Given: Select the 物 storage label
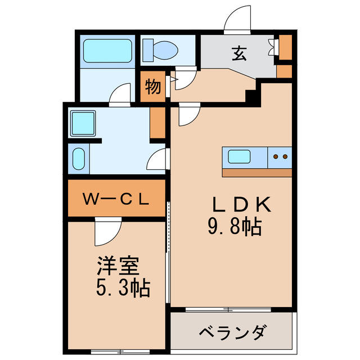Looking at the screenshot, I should coord(153,87).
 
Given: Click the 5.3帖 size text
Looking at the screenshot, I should coord(122,289).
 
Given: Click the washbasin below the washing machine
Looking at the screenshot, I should coord(78,160).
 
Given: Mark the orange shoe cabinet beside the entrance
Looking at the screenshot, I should coord(285,48).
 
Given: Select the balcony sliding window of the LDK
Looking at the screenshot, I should coord(228,309).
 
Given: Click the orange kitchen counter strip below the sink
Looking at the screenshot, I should coord(257,172).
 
